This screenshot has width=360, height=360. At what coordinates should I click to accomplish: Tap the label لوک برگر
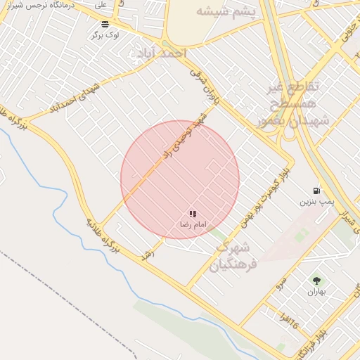pyautogui.click(x=105, y=34)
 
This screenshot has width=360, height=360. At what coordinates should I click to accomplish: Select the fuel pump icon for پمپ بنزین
pyautogui.click(x=316, y=191)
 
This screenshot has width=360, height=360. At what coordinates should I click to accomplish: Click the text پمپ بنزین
pyautogui.click(x=316, y=202)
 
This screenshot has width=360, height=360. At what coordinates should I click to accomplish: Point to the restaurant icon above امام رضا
pyautogui.click(x=192, y=214)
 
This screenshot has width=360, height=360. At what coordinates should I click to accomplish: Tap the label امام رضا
pyautogui.click(x=192, y=224)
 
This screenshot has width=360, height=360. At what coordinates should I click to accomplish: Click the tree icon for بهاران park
pyautogui.click(x=314, y=281)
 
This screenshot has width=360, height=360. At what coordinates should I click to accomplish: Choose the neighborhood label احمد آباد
pyautogui.click(x=159, y=53)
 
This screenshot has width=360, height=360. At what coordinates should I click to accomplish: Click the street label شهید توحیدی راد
pyautogui.click(x=185, y=134)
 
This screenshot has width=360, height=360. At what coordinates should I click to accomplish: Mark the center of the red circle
pyautogui.click(x=180, y=179)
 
